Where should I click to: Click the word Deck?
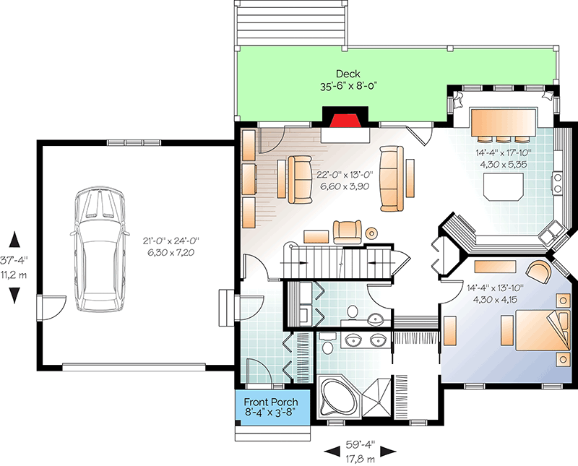(348, 74)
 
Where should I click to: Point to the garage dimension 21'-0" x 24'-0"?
(172, 246)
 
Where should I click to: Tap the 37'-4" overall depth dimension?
(14, 261)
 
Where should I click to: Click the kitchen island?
(502, 187)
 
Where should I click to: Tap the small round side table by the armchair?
(372, 233)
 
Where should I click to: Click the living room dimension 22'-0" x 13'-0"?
(343, 180)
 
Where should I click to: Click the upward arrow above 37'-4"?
(14, 239)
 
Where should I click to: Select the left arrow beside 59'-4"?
(329, 450)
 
